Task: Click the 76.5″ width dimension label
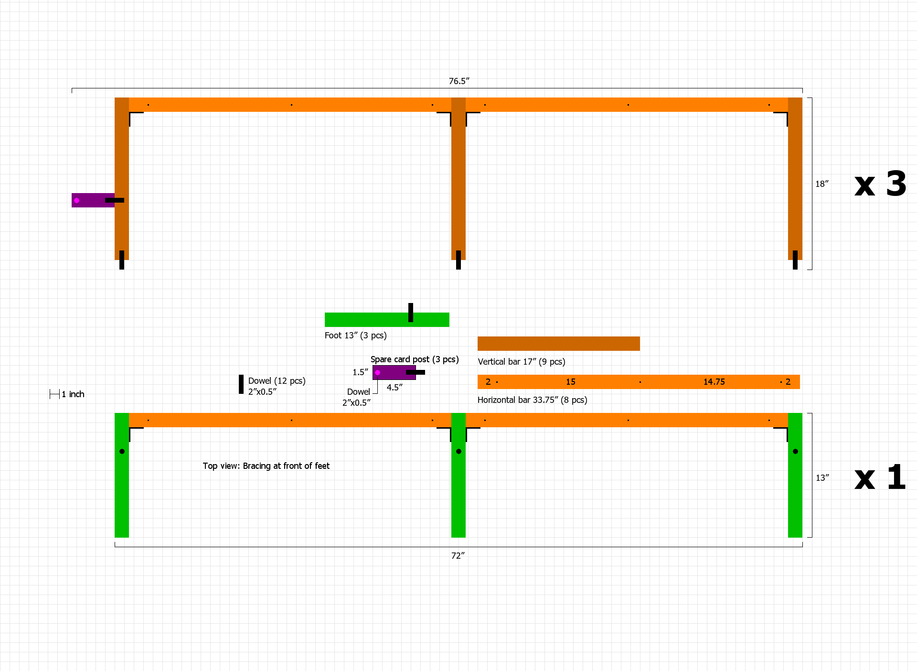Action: [x=458, y=81]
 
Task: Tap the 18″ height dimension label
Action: [x=821, y=184]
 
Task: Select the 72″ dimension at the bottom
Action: [x=458, y=555]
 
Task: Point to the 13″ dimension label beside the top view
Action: [x=822, y=478]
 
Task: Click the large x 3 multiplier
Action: [x=880, y=184]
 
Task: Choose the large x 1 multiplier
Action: [x=880, y=477]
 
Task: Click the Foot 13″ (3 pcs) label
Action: [x=355, y=335]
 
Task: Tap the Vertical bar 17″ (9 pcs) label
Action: [x=521, y=362]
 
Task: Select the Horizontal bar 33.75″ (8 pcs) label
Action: [x=532, y=400]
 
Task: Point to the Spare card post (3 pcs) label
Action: [x=414, y=359]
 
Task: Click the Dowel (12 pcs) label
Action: [x=277, y=381]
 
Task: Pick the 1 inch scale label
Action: [x=73, y=394]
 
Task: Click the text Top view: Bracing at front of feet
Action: [x=266, y=466]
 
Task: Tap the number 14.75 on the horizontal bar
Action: [x=714, y=382]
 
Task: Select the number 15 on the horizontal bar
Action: [x=570, y=382]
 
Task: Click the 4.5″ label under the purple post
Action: [x=395, y=388]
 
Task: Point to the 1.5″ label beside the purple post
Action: [x=360, y=372]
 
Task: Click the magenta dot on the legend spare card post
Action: [x=377, y=372]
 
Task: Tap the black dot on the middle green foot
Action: [x=458, y=451]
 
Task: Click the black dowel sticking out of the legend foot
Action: [x=411, y=312]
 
